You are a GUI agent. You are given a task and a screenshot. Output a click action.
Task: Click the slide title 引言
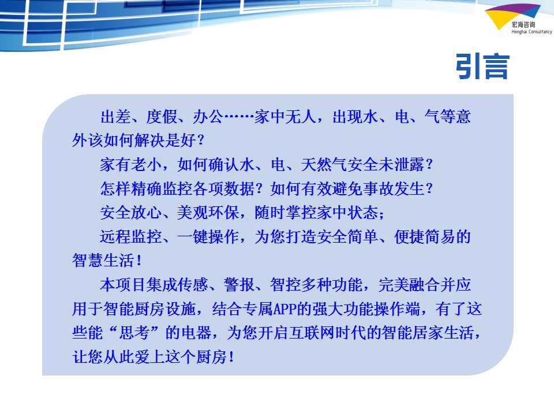pos(482,66)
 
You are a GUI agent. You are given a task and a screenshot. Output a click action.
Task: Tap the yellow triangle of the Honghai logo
pos(500,20)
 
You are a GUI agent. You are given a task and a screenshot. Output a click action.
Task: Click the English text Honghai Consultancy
pos(531,32)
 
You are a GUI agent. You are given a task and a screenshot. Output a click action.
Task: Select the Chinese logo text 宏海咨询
pos(523,24)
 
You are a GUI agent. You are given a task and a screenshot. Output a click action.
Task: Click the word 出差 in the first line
pos(115,116)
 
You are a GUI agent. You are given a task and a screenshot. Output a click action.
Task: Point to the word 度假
pos(162,116)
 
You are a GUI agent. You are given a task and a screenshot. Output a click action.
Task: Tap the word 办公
pos(208,116)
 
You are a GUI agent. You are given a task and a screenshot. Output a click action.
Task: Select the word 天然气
pos(324,165)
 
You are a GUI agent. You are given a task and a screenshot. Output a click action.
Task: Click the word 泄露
pos(409,165)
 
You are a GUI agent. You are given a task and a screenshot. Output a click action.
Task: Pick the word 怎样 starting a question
pos(115,188)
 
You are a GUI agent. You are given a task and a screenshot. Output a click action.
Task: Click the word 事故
pos(379,188)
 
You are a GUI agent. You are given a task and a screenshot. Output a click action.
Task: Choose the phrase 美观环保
pos(208,213)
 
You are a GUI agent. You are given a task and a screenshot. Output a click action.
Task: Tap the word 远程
pos(115,237)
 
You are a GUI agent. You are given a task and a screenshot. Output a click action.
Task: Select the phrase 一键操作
pos(208,237)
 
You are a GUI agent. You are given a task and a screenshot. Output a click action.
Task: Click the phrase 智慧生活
pos(103,261)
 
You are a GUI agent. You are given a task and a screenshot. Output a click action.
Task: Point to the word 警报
pos(239,285)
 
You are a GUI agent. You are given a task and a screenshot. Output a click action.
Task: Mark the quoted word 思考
pos(134,333)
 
